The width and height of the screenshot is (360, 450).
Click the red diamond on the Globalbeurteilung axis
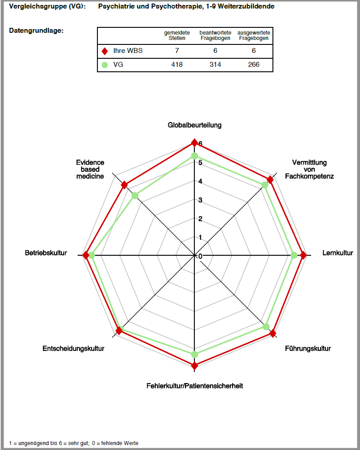point(194,143)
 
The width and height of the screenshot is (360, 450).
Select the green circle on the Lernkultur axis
point(294,255)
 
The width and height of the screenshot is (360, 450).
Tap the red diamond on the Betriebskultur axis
point(86,255)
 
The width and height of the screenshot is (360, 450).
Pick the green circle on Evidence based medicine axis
point(135,196)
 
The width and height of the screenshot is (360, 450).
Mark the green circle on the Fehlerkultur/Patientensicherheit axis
point(194,354)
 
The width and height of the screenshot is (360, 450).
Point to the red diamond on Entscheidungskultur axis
point(119,331)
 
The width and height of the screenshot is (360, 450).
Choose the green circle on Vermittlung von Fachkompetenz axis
point(265,185)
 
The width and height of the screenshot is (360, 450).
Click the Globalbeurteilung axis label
point(195,125)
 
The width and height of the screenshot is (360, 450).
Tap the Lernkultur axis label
point(338,253)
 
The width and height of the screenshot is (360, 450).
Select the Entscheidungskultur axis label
point(74,349)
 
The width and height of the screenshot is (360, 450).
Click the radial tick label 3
point(200,200)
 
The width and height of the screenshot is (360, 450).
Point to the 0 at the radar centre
point(200,256)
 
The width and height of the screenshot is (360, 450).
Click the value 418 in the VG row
point(177,65)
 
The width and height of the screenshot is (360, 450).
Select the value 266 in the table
point(254,65)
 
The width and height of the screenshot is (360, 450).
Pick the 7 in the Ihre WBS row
point(177,51)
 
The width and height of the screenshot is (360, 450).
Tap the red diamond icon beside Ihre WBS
point(105,51)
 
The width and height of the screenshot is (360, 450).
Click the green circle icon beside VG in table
point(105,65)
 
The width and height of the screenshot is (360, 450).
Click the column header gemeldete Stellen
point(177,35)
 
